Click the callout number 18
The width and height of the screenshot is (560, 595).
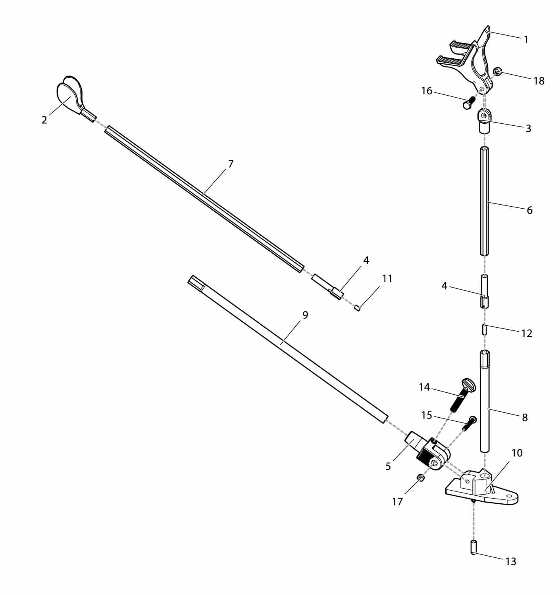pos(539,81)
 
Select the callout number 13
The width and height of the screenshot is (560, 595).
pos(511,561)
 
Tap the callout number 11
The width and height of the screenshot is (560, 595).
pos(387,278)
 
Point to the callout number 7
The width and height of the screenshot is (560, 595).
pos(231,164)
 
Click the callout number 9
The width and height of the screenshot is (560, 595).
pos(305,315)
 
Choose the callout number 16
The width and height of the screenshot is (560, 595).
pos(427,91)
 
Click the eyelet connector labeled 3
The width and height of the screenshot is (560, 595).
pos(484,121)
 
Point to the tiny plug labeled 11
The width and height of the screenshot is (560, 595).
pos(357,308)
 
